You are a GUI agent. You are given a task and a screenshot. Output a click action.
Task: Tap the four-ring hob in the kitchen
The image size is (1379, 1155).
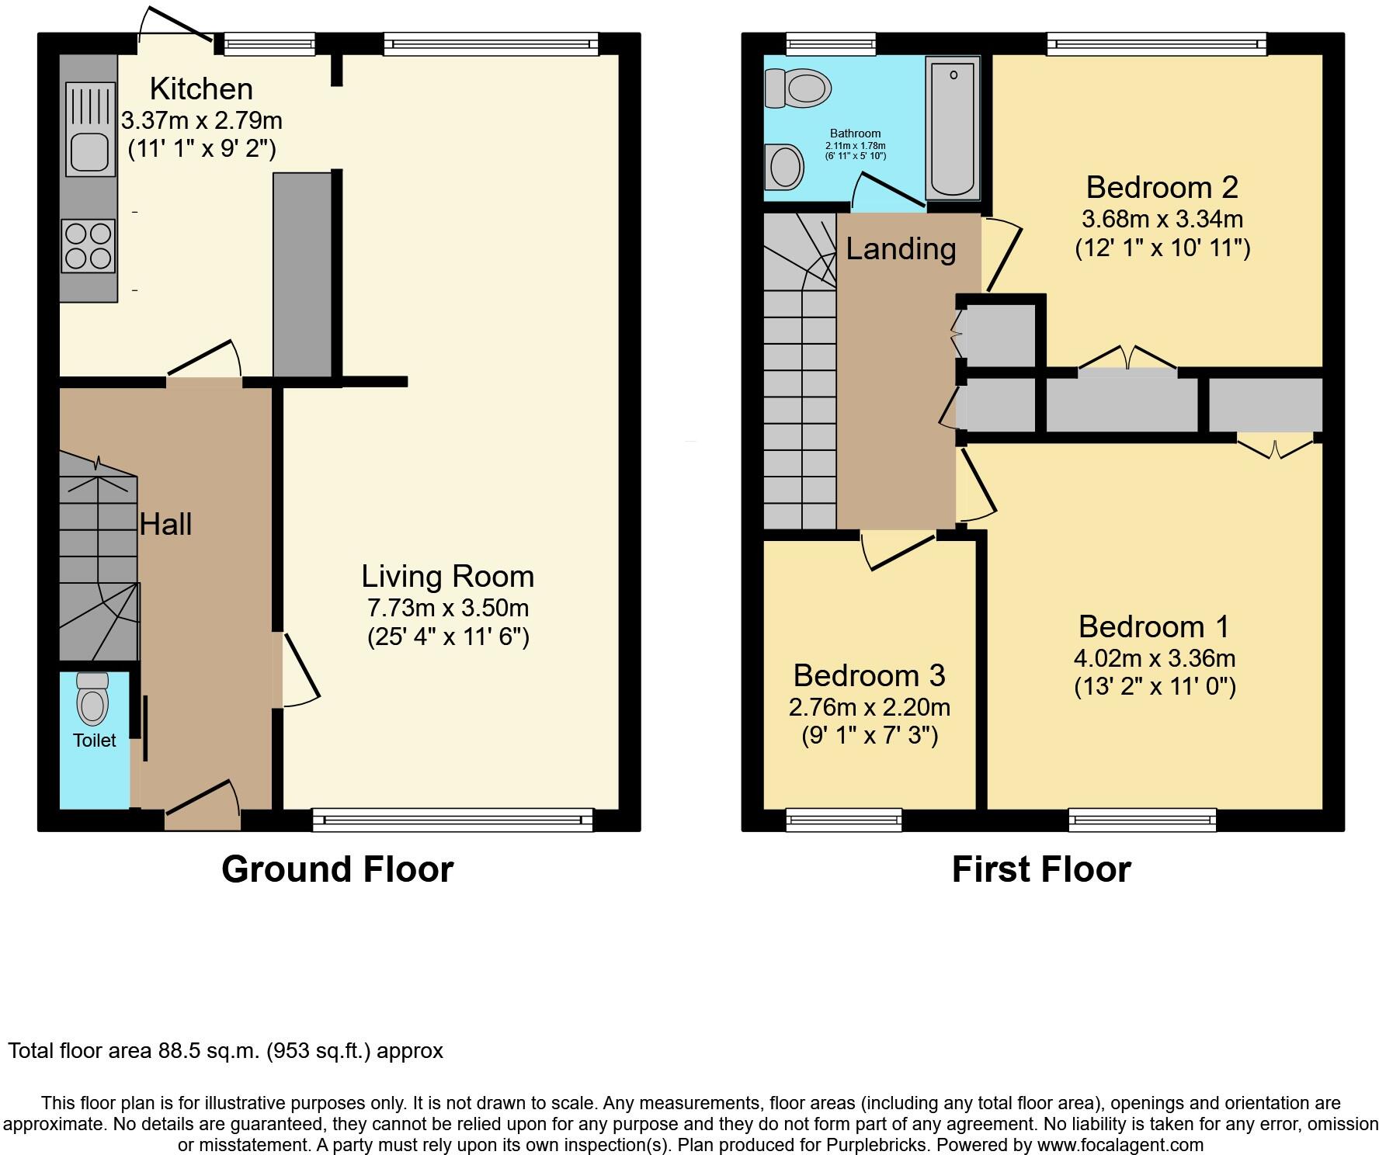88,245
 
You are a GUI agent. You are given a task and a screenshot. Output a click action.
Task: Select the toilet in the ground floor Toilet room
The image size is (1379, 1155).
93,699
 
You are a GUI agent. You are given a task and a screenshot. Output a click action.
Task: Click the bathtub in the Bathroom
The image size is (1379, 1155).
952,128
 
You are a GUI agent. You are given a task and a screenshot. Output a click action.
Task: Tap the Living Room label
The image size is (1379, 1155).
448,577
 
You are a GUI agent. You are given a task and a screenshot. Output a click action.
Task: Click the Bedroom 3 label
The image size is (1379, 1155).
869,675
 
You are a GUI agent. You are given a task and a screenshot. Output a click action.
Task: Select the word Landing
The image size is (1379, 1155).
901,249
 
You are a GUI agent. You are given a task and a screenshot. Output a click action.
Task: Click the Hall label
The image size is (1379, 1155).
165,525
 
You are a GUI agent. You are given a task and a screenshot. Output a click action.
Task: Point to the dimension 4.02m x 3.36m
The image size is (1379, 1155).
1155,658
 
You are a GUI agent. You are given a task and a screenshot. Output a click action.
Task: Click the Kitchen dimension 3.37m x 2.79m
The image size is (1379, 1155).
201,120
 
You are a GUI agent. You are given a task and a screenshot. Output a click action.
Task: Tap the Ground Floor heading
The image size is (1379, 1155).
337,869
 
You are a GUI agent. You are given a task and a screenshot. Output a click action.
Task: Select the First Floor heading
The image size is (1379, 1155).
1040,869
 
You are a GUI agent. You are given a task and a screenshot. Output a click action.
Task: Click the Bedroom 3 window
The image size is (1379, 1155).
844,820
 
